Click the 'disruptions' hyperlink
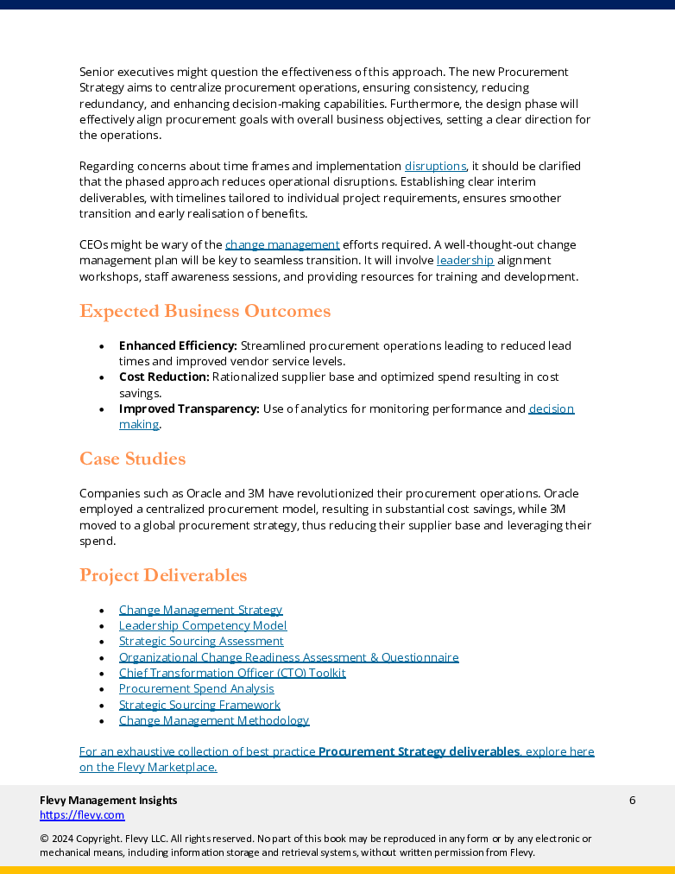point(435,166)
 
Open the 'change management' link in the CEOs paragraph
point(282,244)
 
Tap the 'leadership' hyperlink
point(465,260)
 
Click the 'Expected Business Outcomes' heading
point(205,311)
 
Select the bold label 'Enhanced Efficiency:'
point(178,345)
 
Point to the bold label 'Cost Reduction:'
point(164,377)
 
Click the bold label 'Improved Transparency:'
point(189,408)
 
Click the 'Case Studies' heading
point(132,459)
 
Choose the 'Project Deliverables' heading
point(163,575)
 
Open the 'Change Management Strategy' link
point(200,610)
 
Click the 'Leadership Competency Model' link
point(203,625)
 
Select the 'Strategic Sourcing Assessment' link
point(201,642)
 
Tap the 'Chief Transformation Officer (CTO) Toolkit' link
point(232,673)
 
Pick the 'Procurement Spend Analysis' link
point(196,688)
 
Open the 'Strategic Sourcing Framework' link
point(199,705)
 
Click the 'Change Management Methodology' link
point(214,720)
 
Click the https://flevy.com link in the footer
point(82,814)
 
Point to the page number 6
point(632,800)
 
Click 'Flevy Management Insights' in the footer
point(109,800)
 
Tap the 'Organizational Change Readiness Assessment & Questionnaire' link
point(288,657)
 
